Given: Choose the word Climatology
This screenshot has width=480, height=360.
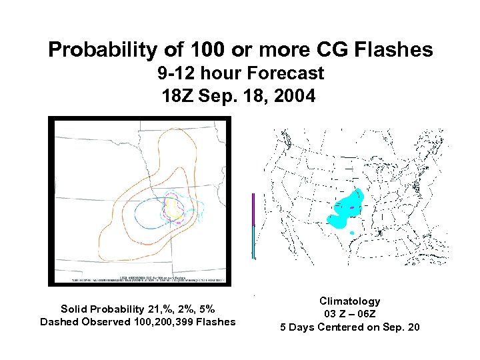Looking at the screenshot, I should point(349,301).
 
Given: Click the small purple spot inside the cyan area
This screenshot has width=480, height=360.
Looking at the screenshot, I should point(351,207).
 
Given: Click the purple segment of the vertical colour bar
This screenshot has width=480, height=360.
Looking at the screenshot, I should point(253,209).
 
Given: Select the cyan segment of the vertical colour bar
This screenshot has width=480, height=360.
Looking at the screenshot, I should point(253,241).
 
